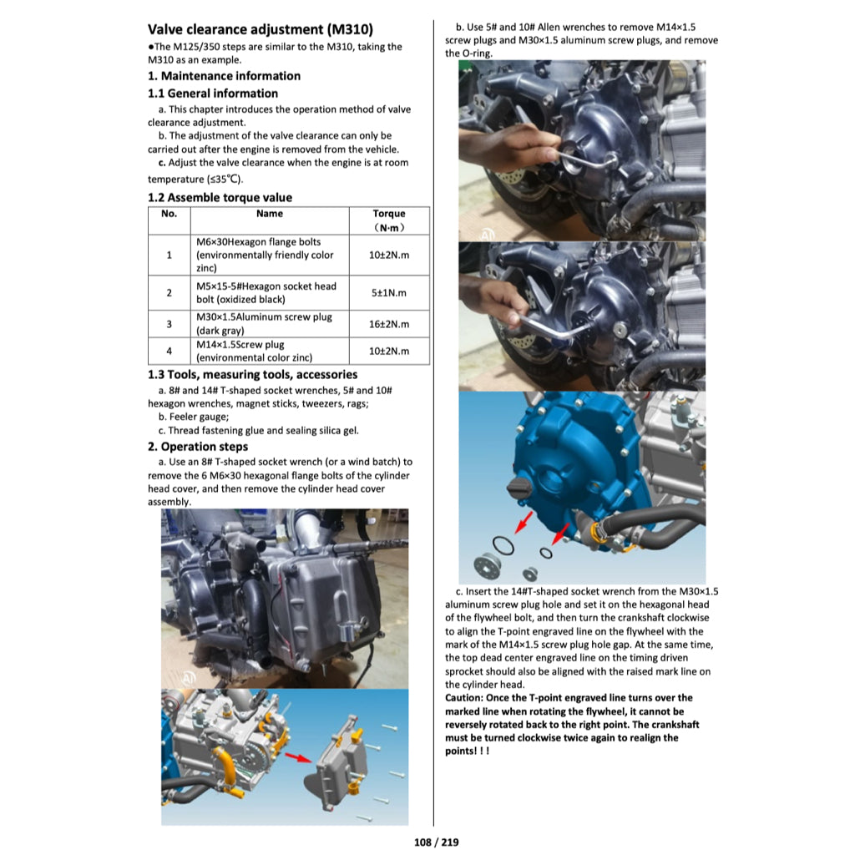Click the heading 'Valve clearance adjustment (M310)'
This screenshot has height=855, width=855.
261,29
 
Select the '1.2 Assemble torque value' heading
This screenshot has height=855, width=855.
220,197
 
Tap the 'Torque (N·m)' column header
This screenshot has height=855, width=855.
389,220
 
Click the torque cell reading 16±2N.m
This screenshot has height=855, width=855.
389,324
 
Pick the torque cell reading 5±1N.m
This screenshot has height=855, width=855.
389,293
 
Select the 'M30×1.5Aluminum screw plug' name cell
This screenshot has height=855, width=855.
270,324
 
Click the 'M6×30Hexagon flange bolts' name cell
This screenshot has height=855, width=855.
270,255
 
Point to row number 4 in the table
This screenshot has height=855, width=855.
169,352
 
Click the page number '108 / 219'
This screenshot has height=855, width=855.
436,842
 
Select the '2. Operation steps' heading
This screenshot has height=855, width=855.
197,447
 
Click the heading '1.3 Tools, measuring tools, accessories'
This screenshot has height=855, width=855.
252,375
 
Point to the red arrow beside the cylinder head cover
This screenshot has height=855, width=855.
298,758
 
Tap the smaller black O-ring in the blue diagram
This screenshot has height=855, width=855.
546,553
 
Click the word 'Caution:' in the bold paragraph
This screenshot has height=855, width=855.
463,698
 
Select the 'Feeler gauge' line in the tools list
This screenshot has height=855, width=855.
194,417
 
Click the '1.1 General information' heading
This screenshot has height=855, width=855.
213,94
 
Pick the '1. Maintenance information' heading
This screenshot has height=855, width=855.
224,76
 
